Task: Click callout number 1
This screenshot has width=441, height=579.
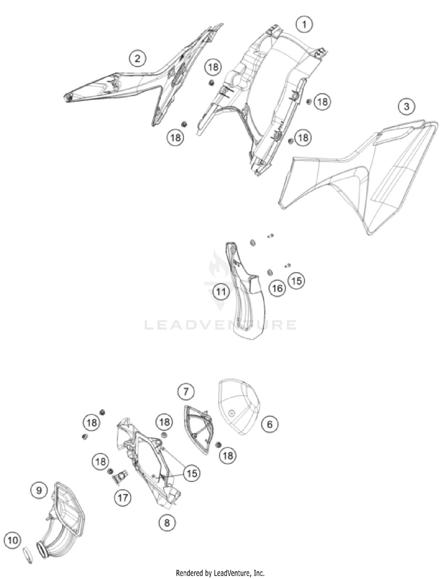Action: tap(304, 25)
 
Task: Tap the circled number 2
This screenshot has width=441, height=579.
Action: tap(138, 58)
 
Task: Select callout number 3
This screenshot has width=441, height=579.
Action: tap(406, 107)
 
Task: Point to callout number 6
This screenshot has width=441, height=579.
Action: tap(269, 424)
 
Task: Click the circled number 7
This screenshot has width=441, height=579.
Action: tap(186, 391)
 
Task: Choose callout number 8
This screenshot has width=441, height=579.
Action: tap(167, 522)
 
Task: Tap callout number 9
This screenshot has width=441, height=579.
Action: tap(39, 490)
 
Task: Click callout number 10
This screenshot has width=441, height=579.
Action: tap(13, 541)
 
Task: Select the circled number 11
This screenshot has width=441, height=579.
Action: tap(221, 292)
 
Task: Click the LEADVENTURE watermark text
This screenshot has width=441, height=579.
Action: tap(220, 325)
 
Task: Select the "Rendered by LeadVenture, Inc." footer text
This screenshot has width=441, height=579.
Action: tap(220, 574)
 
